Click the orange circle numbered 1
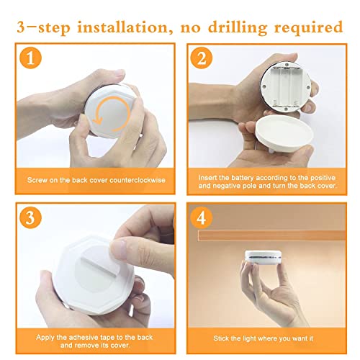[x=30, y=58]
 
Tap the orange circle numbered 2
[x=202, y=58]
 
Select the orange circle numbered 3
[x=30, y=217]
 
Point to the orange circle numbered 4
[x=202, y=217]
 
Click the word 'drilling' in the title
[x=238, y=28]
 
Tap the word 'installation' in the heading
[x=122, y=27]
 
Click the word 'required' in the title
[x=308, y=28]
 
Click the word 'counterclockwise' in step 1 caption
[x=138, y=180]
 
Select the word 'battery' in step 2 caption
[x=243, y=178]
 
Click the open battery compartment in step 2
[x=285, y=88]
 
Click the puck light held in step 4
[x=263, y=258]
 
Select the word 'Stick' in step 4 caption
[x=221, y=338]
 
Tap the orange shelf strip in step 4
[x=271, y=235]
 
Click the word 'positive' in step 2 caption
[x=323, y=178]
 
